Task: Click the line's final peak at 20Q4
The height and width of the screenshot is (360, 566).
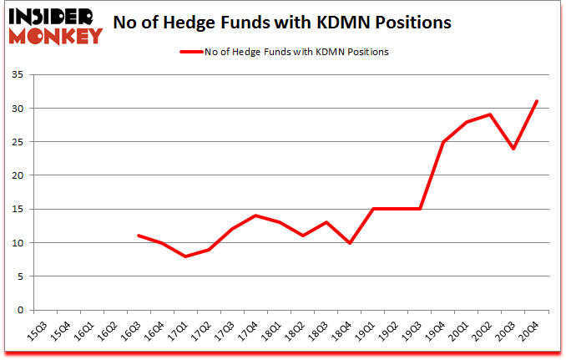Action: pos(537,102)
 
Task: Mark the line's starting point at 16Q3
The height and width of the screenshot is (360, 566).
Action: pos(139,236)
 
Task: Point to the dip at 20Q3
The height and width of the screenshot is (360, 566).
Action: pos(513,149)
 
